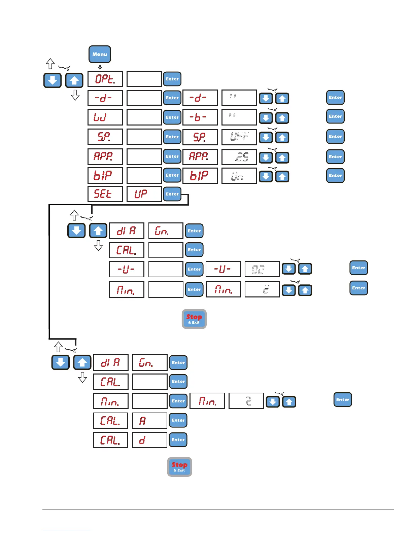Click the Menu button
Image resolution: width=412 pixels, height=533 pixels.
click(100, 54)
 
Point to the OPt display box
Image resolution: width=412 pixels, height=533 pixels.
click(105, 79)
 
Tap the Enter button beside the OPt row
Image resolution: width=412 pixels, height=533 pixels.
click(172, 79)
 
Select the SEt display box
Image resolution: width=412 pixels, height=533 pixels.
click(105, 194)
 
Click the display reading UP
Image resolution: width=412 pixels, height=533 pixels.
click(144, 194)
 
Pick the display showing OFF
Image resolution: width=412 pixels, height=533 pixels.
click(239, 137)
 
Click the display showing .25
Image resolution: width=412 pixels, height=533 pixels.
click(239, 157)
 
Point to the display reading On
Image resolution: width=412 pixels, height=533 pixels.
click(239, 176)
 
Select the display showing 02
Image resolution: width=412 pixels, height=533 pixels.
click(262, 269)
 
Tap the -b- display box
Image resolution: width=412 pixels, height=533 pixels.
click(200, 117)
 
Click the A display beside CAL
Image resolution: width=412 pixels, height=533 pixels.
click(149, 421)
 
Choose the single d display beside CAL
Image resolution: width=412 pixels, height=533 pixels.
click(149, 440)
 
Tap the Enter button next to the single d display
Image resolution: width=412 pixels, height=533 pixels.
click(178, 440)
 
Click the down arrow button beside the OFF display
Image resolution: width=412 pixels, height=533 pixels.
click(266, 138)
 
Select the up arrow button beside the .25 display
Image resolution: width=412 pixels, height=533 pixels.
click(282, 157)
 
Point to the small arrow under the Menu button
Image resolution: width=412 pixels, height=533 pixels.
click(100, 67)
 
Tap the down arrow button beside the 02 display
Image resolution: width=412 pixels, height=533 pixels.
click(289, 269)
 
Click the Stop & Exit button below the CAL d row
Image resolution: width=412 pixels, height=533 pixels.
click(179, 467)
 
